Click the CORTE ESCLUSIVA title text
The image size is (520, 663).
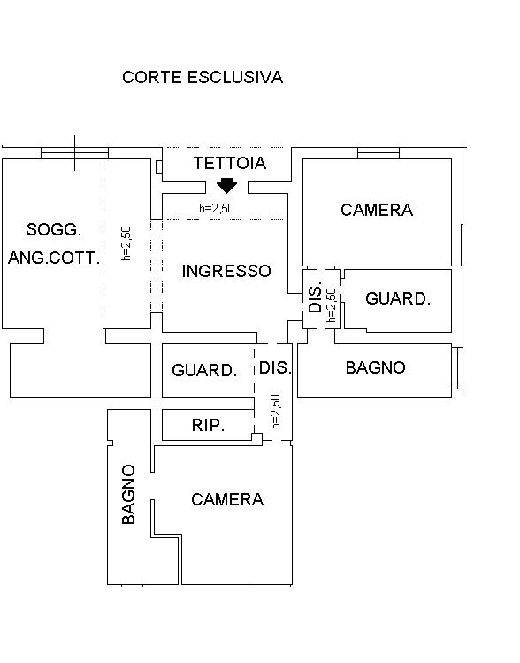pyautogui.click(x=203, y=77)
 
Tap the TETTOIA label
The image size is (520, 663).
pyautogui.click(x=230, y=163)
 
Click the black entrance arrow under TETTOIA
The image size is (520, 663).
pyautogui.click(x=227, y=185)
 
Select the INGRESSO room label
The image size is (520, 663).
pyautogui.click(x=226, y=271)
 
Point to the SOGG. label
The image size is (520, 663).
pyautogui.click(x=54, y=229)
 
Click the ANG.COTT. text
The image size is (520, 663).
pyautogui.click(x=54, y=258)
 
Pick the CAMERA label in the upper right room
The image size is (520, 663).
pyautogui.click(x=377, y=210)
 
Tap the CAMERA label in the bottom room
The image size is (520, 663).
pyautogui.click(x=227, y=499)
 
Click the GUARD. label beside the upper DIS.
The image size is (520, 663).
pyautogui.click(x=397, y=298)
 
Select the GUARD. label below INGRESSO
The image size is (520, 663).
pyautogui.click(x=204, y=370)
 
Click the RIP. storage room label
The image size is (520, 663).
pyautogui.click(x=208, y=425)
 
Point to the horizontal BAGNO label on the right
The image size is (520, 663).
pyautogui.click(x=375, y=367)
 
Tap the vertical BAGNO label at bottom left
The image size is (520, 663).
pyautogui.click(x=128, y=494)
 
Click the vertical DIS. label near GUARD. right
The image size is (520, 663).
pyautogui.click(x=316, y=297)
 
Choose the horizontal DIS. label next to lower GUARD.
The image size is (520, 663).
pyautogui.click(x=275, y=367)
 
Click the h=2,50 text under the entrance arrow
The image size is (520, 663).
pyautogui.click(x=217, y=208)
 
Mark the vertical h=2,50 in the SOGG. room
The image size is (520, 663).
pyautogui.click(x=126, y=243)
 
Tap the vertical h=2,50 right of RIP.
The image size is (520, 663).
pyautogui.click(x=275, y=412)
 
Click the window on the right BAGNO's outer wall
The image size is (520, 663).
pyautogui.click(x=457, y=368)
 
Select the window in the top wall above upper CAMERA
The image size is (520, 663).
pyautogui.click(x=379, y=153)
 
